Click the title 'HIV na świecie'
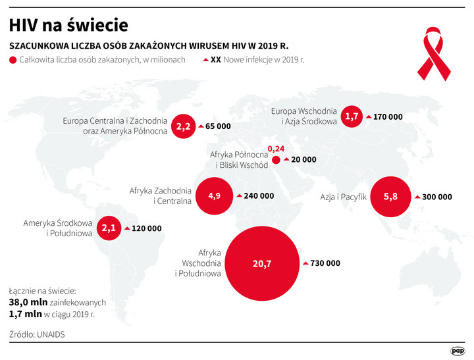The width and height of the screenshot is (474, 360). point(68,25)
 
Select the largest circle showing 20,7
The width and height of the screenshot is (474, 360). point(261,263)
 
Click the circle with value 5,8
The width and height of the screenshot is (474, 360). point(390,197)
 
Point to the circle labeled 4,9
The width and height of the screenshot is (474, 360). point(215,196)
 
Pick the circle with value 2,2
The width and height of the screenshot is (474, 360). point(184,126)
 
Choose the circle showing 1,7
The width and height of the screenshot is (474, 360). point(352,116)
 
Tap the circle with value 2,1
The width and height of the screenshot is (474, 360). point(109,228)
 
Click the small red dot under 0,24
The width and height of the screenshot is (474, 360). point(276,160)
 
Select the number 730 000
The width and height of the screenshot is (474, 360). point(326,263)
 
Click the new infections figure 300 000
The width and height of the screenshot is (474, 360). point(437,197)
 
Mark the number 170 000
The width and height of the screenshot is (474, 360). point(387,116)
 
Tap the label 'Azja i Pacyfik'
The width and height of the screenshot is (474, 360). point(342,196)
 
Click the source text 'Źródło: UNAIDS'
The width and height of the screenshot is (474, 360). point(38,334)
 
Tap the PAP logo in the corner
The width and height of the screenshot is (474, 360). point(458,350)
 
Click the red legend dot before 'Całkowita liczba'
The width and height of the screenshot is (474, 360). point(13,60)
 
